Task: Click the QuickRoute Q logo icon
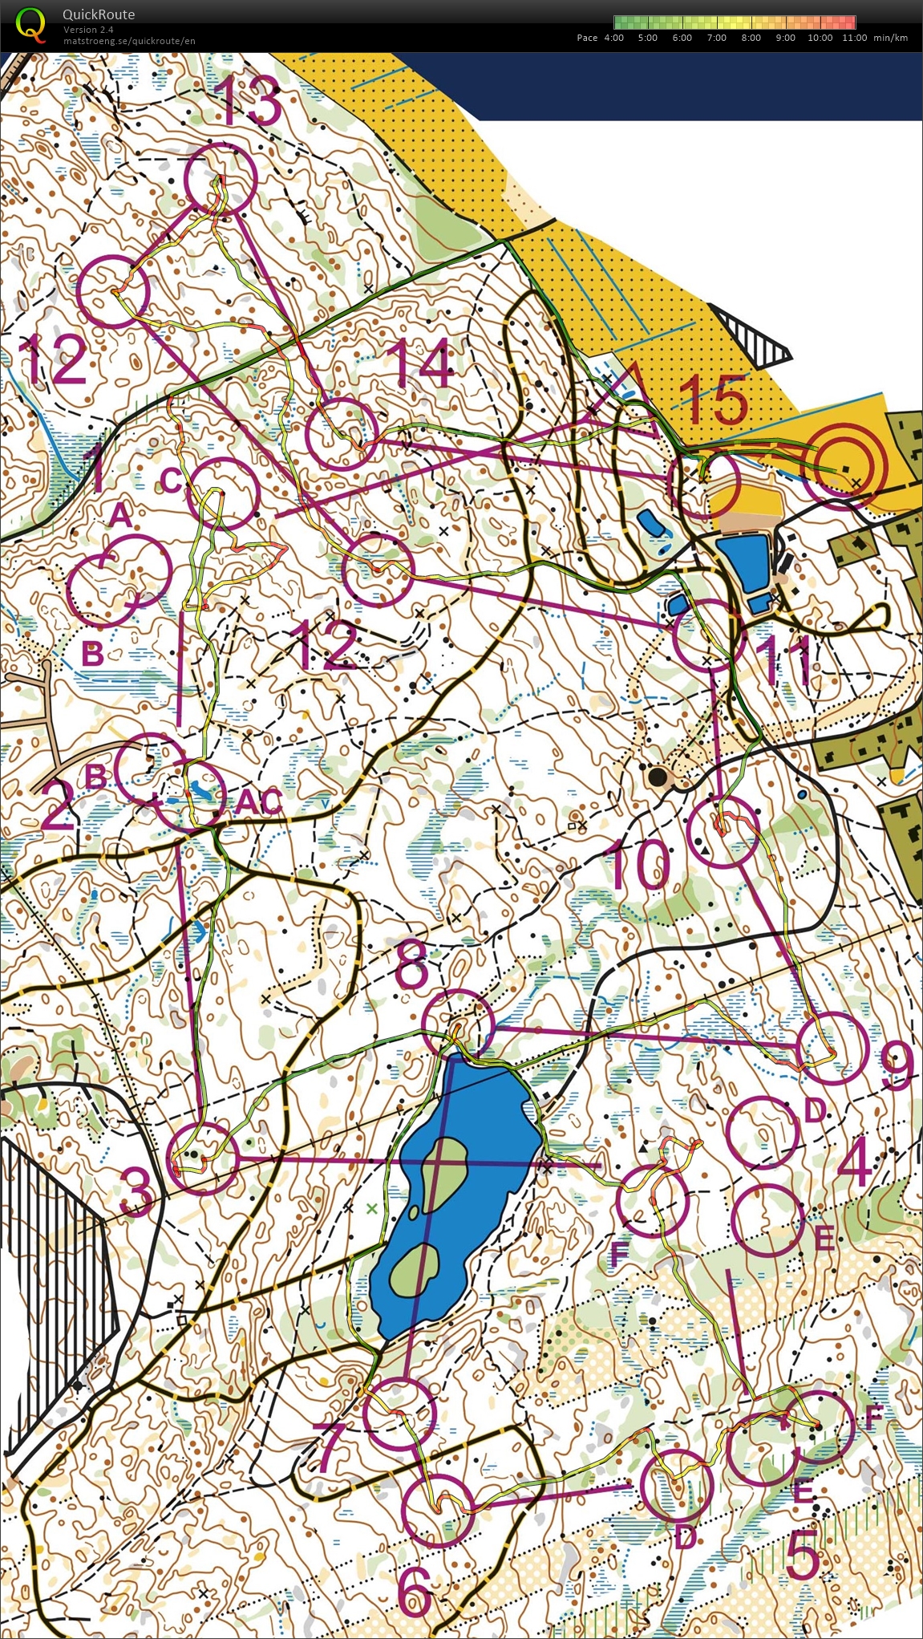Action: [30, 23]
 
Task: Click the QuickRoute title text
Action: [99, 14]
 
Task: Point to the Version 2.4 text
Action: [88, 30]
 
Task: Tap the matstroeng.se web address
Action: [129, 41]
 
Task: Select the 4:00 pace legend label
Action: [613, 38]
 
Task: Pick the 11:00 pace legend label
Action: [854, 38]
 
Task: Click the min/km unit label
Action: [891, 38]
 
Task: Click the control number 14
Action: [421, 362]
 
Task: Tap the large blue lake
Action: [457, 1179]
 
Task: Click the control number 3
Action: [138, 1190]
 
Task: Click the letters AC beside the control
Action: [258, 801]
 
